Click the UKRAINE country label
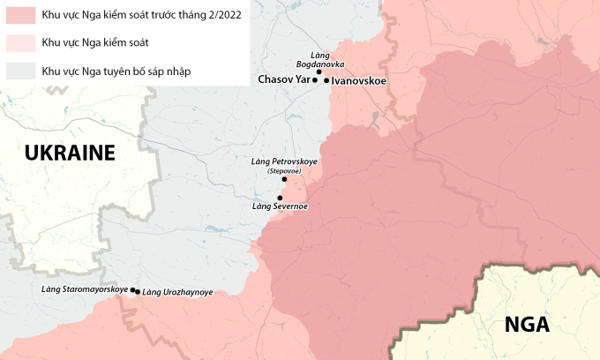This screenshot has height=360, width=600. tap(71, 153)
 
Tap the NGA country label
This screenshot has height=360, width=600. tap(527, 325)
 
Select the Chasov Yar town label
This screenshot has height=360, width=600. tap(284, 79)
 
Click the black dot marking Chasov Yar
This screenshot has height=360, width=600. tap(315, 80)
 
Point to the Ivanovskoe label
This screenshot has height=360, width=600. tap(360, 79)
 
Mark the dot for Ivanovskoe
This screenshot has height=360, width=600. tap(326, 80)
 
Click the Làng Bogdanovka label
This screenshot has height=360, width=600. tap(315, 60)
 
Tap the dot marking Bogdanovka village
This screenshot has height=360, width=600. tap(319, 71)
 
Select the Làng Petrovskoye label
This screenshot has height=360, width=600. tap(284, 162)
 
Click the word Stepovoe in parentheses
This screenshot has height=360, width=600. tap(284, 171)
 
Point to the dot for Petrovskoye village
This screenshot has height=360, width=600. tap(284, 179)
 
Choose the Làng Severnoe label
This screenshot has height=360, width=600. tap(280, 206)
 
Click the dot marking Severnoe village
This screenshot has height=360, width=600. tap(280, 198)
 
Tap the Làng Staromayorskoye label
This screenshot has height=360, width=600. tap(85, 289)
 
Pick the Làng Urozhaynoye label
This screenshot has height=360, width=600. tap(177, 292)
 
